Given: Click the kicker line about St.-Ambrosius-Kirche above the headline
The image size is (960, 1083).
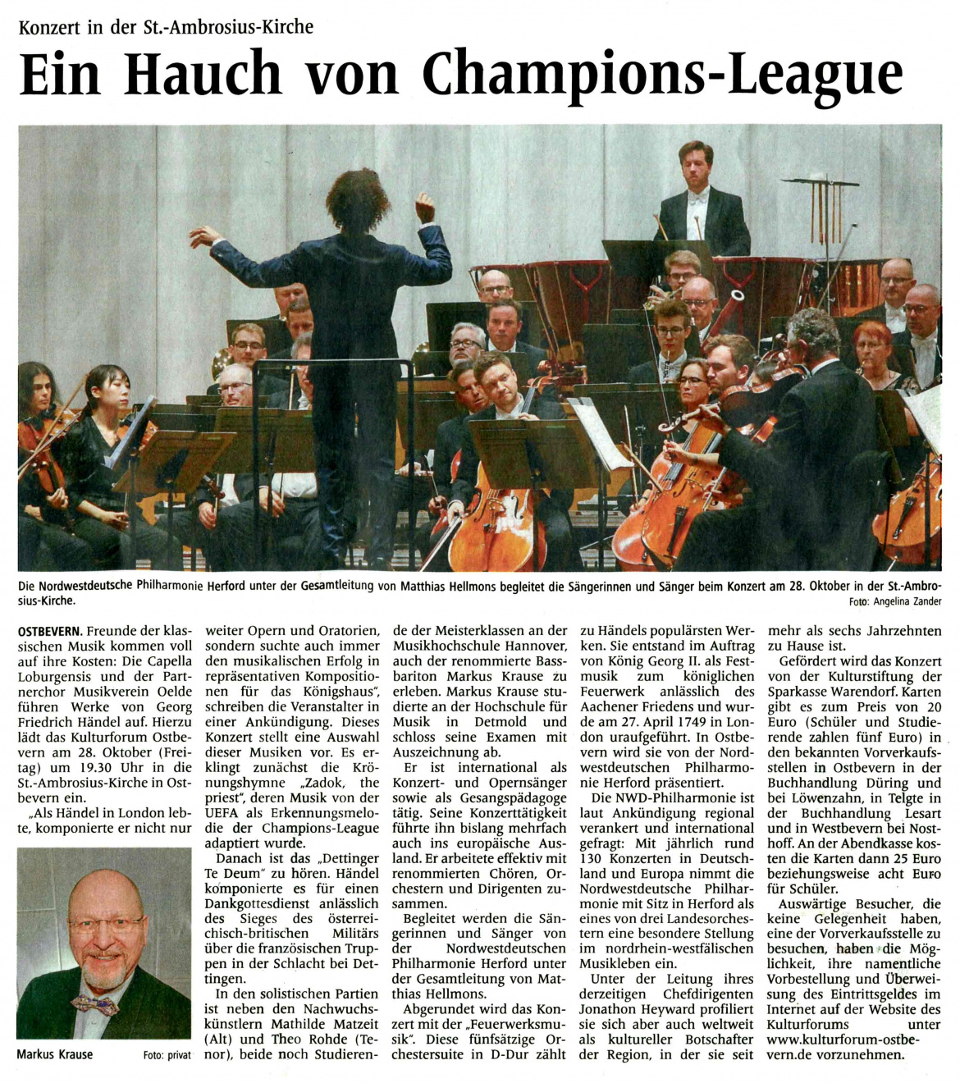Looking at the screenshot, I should coord(166,26).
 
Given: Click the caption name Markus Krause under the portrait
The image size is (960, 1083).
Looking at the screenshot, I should coord(55,1054).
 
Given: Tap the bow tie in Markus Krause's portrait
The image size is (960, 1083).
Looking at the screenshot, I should coord(94,1003).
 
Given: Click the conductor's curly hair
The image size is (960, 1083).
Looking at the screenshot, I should coord(359,201).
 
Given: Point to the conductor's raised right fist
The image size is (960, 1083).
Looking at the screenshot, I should coord(424,208).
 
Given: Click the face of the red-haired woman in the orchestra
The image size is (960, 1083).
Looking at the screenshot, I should coord(873,344).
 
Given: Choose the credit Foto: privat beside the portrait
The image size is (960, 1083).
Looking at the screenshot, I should coord(167,1055).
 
